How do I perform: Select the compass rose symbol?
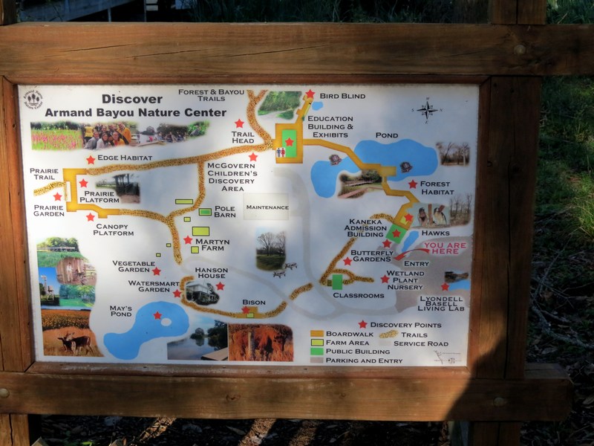(x=428, y=110)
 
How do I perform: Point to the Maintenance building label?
(x=267, y=207)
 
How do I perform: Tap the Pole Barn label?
(x=224, y=212)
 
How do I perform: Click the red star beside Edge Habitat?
(x=91, y=159)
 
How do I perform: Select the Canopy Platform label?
(x=114, y=230)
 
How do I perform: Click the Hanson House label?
(x=211, y=274)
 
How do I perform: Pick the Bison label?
(x=253, y=303)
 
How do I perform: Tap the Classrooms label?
(x=359, y=295)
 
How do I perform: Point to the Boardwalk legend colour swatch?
(x=317, y=334)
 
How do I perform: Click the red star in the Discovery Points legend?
(x=362, y=324)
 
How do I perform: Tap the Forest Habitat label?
(x=436, y=187)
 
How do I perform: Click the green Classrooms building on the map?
(x=337, y=281)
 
